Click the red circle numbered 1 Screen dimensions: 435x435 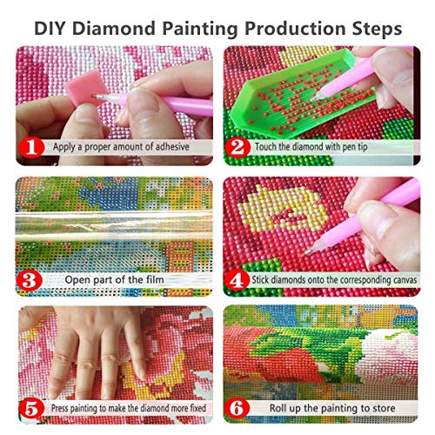coord(30,147)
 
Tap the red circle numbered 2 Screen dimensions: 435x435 coord(238,147)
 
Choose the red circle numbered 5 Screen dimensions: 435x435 coord(30,408)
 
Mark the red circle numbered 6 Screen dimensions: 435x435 coord(238,408)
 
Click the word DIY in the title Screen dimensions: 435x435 coord(53,27)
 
